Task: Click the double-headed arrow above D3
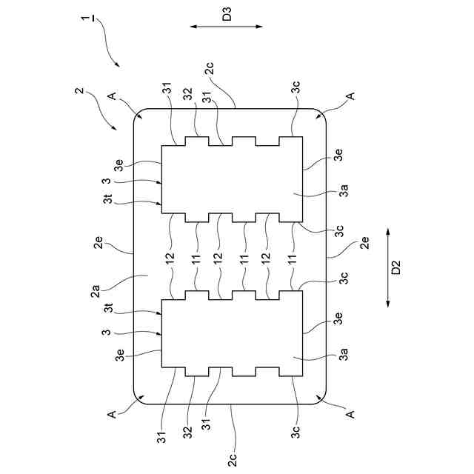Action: pyautogui.click(x=227, y=27)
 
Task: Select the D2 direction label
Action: pyautogui.click(x=396, y=267)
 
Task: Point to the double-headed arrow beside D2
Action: pyautogui.click(x=387, y=267)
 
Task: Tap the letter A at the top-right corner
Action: pyautogui.click(x=352, y=96)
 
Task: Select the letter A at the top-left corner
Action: pyautogui.click(x=111, y=96)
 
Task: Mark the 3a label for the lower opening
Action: pyautogui.click(x=344, y=356)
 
